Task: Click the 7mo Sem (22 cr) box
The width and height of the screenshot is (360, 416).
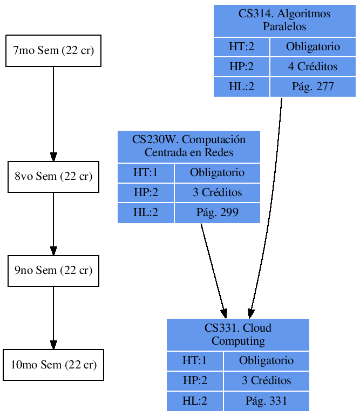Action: tap(53, 51)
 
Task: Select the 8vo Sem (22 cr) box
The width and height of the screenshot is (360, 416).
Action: tap(53, 177)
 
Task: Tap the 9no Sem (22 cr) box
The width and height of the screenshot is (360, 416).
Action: tap(53, 271)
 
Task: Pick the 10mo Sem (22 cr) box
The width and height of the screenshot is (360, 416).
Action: tap(53, 365)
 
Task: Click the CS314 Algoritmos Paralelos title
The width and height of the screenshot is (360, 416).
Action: tap(284, 21)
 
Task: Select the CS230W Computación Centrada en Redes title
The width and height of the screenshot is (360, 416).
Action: tap(189, 146)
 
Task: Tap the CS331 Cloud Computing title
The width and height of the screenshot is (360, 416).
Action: tap(238, 334)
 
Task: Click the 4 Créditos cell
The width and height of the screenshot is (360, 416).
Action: tap(313, 67)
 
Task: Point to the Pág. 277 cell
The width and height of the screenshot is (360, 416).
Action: tap(313, 87)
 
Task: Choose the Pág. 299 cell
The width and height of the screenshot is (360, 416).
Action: tap(218, 213)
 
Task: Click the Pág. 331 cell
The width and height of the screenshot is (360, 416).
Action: tap(267, 401)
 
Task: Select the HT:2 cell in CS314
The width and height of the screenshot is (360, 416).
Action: tap(241, 47)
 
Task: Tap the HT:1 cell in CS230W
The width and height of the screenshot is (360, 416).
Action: tap(146, 173)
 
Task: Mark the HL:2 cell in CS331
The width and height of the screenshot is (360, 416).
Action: tap(195, 401)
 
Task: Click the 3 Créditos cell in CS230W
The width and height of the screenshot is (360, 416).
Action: tap(218, 193)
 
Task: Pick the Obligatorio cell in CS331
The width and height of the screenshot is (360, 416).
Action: tap(267, 361)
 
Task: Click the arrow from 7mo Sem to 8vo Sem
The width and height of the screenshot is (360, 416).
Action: tap(53, 113)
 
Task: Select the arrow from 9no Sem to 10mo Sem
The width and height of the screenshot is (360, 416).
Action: tap(53, 318)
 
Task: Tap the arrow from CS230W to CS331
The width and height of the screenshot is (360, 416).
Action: tap(213, 270)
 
